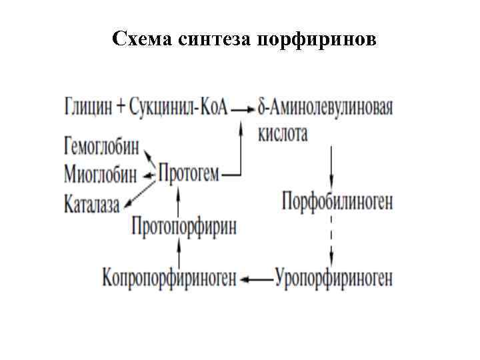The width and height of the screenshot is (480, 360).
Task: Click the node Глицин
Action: (x=89, y=107)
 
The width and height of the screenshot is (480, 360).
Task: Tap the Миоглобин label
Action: (x=101, y=175)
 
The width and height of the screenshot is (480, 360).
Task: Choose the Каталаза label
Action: (x=92, y=202)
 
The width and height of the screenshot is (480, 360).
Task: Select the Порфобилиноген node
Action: (x=337, y=201)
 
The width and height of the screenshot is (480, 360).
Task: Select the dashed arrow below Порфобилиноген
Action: (x=331, y=239)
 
